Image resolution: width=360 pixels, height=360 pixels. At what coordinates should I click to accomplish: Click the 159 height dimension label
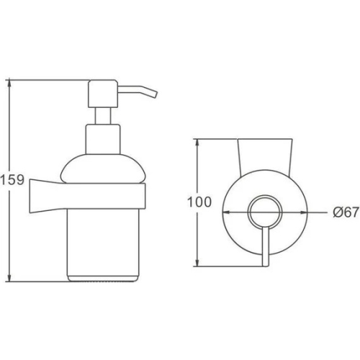pyautogui.click(x=12, y=180)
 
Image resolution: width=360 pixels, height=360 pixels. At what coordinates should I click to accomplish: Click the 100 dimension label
pyautogui.click(x=199, y=202)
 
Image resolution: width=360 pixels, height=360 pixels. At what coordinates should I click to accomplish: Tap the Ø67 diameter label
pyautogui.click(x=346, y=212)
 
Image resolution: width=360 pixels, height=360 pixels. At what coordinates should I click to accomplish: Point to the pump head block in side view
pyautogui.click(x=103, y=94)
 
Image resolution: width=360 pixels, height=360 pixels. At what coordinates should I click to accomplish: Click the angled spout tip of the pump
pyautogui.click(x=155, y=94)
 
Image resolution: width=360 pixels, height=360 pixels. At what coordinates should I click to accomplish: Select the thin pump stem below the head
pyautogui.click(x=103, y=116)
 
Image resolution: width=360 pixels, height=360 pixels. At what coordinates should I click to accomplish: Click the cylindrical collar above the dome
pyautogui.click(x=103, y=139)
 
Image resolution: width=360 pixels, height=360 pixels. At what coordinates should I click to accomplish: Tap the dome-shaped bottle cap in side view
pyautogui.click(x=103, y=168)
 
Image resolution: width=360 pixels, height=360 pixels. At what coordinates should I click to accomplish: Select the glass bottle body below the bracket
pyautogui.click(x=103, y=243)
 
